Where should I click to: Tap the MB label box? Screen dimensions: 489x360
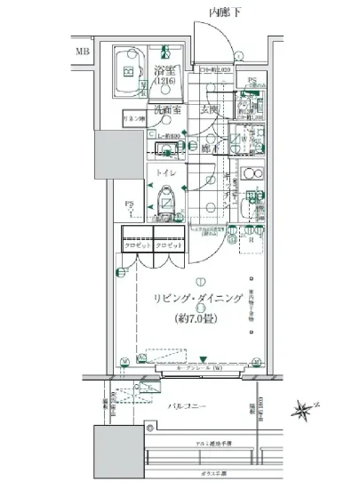click(x=82, y=51)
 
